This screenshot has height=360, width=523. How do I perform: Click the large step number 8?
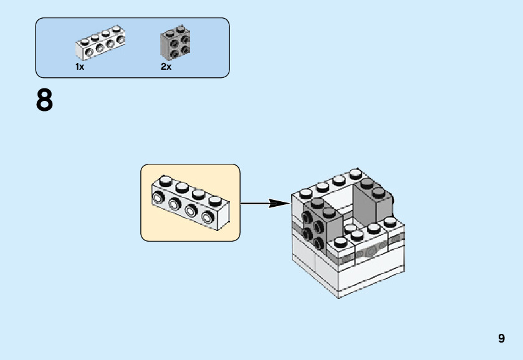pos(44,100)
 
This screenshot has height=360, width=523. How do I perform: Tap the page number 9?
pos(501,338)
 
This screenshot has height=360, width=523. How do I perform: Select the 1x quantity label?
pos(80,67)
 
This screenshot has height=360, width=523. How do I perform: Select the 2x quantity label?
pos(166,67)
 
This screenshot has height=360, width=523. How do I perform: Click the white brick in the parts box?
pos(100,42)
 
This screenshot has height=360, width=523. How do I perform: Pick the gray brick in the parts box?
pos(175,42)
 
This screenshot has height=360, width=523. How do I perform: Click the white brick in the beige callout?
pos(191,202)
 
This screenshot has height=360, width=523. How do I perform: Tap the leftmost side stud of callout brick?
pos(158,198)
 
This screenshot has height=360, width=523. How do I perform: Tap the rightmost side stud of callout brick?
pos(208,217)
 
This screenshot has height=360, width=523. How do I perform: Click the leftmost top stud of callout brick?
pos(165,181)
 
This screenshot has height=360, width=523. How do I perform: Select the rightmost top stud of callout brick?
pos(215,201)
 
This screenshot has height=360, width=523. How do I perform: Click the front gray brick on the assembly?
pos(322,224)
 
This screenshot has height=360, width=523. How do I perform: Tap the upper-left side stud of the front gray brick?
pos(307,217)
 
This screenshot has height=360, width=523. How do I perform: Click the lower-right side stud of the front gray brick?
pos(319,244)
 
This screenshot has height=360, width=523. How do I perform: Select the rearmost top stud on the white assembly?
pos(355,174)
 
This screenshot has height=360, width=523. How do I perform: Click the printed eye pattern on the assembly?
pos(370,250)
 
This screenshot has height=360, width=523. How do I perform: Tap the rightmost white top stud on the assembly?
pos(390,222)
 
